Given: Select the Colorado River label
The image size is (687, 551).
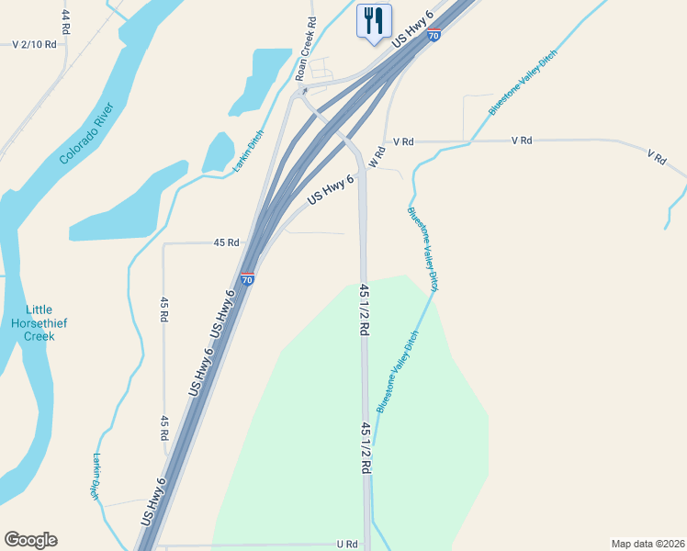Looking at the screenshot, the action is pos(86,134).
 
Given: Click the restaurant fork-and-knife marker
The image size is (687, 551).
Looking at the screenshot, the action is pos(374,20).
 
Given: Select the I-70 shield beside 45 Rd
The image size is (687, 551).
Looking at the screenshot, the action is pos(247,278).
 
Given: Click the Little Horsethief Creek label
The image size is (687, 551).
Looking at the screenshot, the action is pos(39,322).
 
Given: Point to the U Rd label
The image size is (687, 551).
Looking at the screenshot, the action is pos(346,544).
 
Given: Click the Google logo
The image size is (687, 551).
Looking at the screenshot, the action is pos(30,540).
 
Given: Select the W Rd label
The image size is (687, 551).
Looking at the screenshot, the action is pos(375,157).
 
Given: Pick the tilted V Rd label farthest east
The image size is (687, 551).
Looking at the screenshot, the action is pos(656,157).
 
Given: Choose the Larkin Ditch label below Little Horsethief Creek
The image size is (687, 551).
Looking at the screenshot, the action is pos(95,476).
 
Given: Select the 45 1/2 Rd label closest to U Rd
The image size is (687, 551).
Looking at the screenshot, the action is pos(366,447).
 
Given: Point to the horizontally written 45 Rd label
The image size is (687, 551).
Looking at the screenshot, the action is pos(226,242).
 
